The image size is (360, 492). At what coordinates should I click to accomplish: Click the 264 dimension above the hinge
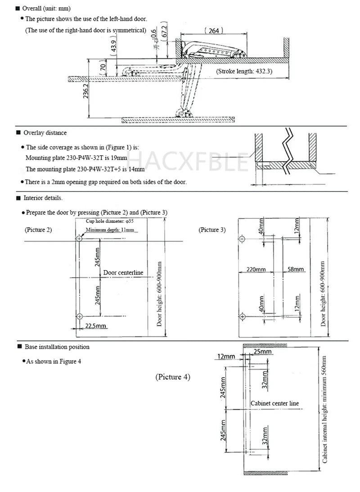coord(214,31)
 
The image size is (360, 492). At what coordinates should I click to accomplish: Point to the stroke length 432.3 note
coord(244,71)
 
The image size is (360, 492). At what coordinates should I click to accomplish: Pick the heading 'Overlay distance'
coord(45,133)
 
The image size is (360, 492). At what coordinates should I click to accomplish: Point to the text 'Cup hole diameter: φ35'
coord(110,221)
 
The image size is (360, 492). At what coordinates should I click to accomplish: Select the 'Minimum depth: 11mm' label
coord(110,230)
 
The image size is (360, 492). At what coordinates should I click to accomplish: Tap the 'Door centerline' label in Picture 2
coord(123,272)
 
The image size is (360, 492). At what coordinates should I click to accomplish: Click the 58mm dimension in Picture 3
coord(296,269)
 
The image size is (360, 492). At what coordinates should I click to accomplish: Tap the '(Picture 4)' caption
coord(173,377)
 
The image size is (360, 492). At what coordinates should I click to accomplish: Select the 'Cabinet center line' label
coord(274,403)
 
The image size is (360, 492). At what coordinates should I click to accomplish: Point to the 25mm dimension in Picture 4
coord(262,351)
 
